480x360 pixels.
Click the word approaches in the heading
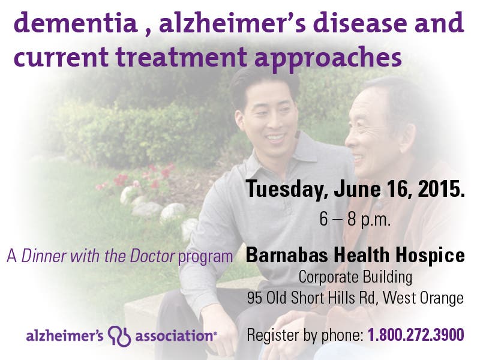[328, 59]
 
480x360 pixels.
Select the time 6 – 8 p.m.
[355, 220]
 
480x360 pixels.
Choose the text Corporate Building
[355, 278]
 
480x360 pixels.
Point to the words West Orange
[423, 298]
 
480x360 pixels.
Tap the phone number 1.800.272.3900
[416, 335]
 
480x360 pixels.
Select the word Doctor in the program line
[152, 256]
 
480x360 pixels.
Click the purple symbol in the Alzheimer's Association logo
[119, 336]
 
